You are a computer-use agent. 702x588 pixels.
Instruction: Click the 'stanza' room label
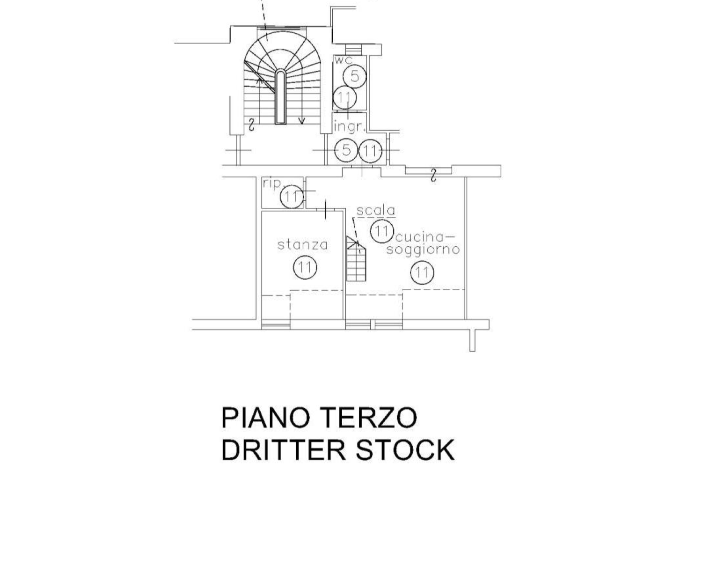pyautogui.click(x=303, y=245)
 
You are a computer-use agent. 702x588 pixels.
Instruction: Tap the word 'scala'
pyautogui.click(x=375, y=211)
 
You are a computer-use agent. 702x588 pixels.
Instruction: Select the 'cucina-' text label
pyautogui.click(x=424, y=237)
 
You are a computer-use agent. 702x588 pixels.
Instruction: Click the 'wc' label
pyautogui.click(x=343, y=60)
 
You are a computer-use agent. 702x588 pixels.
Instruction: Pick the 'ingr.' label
pyautogui.click(x=349, y=126)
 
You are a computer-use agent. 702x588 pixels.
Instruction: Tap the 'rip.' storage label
pyautogui.click(x=272, y=184)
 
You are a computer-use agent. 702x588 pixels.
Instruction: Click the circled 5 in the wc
pyautogui.click(x=354, y=77)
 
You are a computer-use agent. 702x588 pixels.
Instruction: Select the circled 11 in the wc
pyautogui.click(x=344, y=97)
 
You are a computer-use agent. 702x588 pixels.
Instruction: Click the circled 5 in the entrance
pyautogui.click(x=346, y=150)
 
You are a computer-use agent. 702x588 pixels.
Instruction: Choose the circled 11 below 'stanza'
pyautogui.click(x=305, y=268)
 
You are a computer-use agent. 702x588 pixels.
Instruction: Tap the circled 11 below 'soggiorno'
pyautogui.click(x=422, y=272)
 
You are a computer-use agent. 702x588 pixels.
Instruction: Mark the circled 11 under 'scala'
pyautogui.click(x=382, y=231)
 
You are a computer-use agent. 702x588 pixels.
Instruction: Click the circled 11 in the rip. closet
pyautogui.click(x=292, y=197)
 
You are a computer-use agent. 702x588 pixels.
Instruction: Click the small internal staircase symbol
pyautogui.click(x=356, y=259)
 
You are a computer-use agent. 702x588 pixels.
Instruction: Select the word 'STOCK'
pyautogui.click(x=405, y=450)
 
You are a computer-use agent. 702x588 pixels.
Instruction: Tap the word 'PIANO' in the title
pyautogui.click(x=265, y=418)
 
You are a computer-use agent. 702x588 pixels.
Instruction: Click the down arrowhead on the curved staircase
pyautogui.click(x=301, y=121)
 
